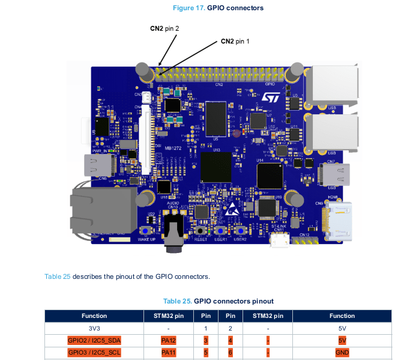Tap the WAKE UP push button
[x=146, y=231]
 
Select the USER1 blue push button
[x=220, y=231]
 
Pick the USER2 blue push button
[x=241, y=231]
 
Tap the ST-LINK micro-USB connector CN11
[x=278, y=241]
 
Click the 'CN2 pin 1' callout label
[x=235, y=41]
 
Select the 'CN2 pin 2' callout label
[x=164, y=28]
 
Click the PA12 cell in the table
[x=169, y=341]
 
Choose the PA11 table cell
[x=169, y=353]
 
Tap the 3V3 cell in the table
[x=94, y=329]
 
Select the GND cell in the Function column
[x=342, y=353]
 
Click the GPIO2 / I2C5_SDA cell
[x=94, y=341]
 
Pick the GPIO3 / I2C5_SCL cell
[x=94, y=353]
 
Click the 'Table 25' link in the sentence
[x=58, y=276]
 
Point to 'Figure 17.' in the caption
[x=188, y=8]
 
